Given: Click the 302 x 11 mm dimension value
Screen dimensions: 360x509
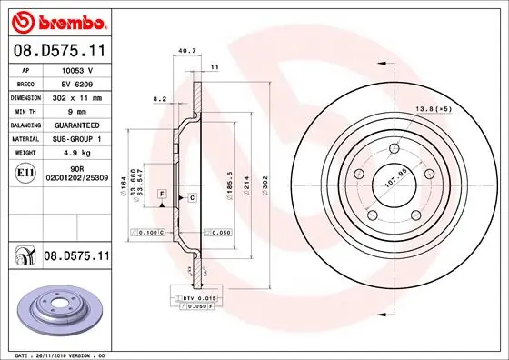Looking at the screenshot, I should [x=77, y=95].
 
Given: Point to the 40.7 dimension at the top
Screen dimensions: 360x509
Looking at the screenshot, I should [x=187, y=51].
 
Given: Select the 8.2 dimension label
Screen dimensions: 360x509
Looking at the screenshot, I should [x=159, y=97].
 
